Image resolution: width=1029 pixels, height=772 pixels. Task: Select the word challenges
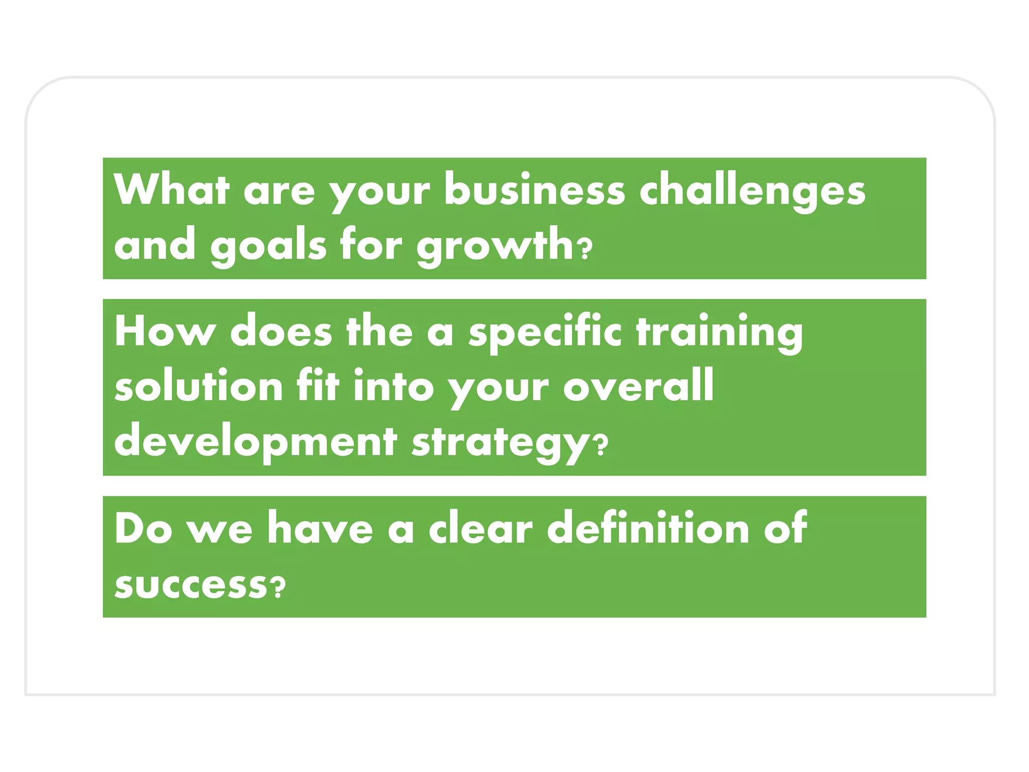coord(752,191)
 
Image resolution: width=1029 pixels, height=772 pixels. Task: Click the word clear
coord(480,529)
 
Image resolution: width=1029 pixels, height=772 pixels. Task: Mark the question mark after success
coord(277,587)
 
